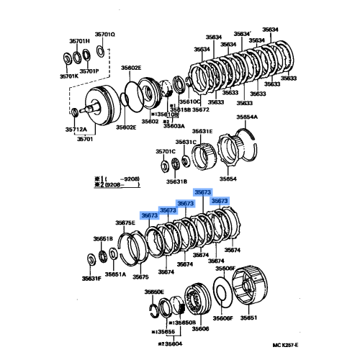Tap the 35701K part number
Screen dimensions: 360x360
(x=69, y=76)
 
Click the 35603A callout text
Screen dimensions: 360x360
(x=175, y=125)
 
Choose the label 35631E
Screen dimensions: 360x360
(x=202, y=131)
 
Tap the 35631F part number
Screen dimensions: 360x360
(x=91, y=278)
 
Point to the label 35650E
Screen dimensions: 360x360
(x=154, y=292)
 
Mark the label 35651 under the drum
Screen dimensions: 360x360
(x=248, y=317)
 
